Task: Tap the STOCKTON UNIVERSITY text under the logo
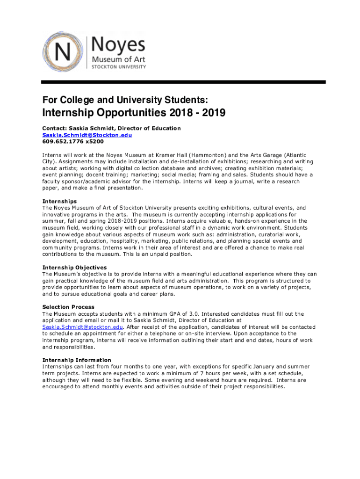118,67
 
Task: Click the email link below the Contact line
87,135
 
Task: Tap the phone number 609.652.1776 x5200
73,141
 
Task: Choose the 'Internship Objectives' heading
74,268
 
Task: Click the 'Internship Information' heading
77,360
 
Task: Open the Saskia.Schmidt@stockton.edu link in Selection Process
82,327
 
